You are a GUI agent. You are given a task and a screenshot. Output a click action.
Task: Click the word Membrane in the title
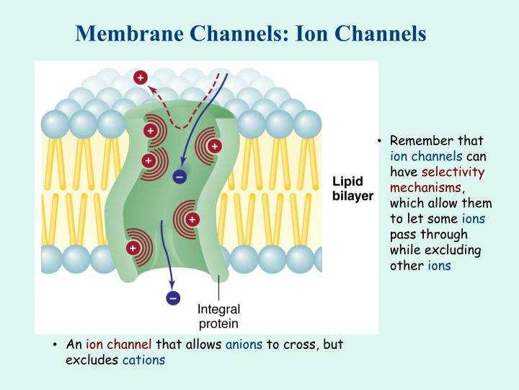click(x=130, y=33)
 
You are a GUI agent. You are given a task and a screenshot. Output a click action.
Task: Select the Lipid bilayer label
click(x=352, y=188)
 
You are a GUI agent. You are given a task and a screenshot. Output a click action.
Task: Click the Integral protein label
click(x=218, y=316)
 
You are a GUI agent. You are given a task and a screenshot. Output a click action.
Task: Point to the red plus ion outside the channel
click(x=141, y=77)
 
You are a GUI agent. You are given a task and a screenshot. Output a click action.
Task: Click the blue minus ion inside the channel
click(x=179, y=177)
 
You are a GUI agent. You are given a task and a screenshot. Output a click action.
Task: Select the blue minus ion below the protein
click(x=173, y=298)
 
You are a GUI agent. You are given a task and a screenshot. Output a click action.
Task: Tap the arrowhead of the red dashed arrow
click(x=151, y=88)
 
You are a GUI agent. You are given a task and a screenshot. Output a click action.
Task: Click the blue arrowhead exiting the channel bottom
click(x=172, y=285)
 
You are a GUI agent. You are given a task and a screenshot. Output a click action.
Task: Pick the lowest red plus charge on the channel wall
click(x=133, y=248)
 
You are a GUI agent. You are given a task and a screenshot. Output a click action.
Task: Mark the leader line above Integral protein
click(x=218, y=288)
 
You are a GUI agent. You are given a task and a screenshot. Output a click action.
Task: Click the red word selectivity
click(x=453, y=172)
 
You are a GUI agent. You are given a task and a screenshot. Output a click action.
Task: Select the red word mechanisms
click(x=426, y=188)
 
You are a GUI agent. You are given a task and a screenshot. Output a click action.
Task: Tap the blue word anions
click(x=244, y=344)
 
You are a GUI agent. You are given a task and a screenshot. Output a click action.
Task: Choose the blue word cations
click(x=143, y=360)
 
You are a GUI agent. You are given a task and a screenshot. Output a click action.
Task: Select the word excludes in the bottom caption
click(x=92, y=360)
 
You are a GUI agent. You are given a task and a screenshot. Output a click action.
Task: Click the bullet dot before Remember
click(x=380, y=141)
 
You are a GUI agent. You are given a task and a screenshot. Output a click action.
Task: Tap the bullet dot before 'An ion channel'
click(x=55, y=344)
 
